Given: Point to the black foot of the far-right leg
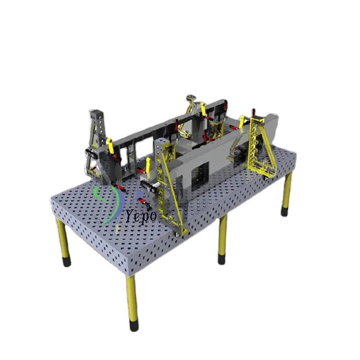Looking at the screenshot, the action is pos(285,212).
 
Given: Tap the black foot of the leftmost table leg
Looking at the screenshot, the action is pos(66,262).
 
